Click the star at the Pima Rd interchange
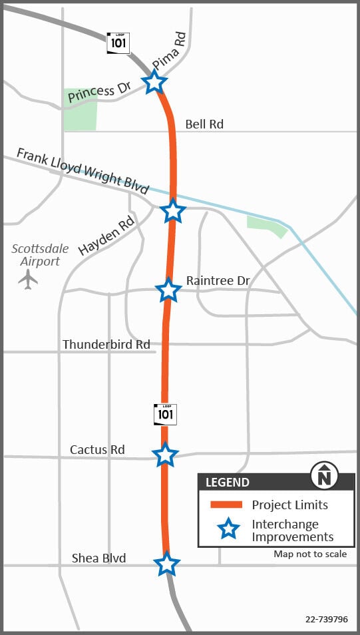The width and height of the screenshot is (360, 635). (154, 83)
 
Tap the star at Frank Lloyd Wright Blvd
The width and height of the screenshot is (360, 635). (173, 210)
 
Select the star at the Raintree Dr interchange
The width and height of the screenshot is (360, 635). (168, 290)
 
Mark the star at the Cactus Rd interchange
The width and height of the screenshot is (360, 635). (165, 455)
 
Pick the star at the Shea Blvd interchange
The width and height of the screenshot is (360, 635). (166, 564)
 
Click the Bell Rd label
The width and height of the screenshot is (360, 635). (204, 124)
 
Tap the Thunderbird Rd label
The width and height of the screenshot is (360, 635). (106, 344)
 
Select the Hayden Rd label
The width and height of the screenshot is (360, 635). (106, 235)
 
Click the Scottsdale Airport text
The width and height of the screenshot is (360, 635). (40, 255)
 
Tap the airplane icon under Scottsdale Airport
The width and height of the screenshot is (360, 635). (28, 279)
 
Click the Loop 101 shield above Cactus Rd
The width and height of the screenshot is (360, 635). (165, 414)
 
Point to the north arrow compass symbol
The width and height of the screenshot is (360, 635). (325, 476)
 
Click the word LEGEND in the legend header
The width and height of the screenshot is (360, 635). (228, 483)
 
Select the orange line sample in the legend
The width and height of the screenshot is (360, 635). (226, 505)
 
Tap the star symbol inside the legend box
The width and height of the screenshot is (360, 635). (228, 530)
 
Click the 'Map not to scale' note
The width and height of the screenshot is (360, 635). (310, 554)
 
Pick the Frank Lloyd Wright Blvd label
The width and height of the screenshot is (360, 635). (83, 171)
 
